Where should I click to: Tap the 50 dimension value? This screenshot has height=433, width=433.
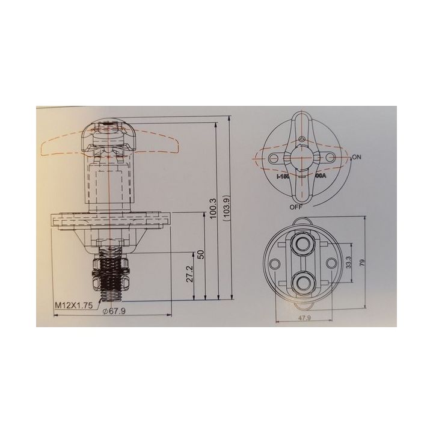pyautogui.click(x=201, y=255)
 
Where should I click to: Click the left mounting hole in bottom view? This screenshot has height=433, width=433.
pyautogui.click(x=275, y=263)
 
